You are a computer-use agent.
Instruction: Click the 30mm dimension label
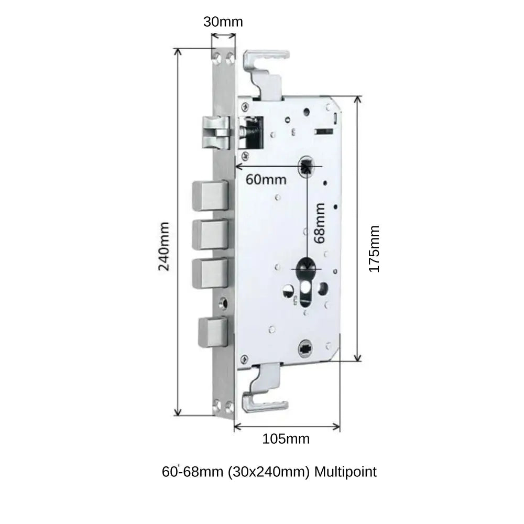pos(223,21)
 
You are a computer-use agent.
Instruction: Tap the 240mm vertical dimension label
pos(164,245)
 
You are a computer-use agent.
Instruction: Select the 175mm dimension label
pos(374,248)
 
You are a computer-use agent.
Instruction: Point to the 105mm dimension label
pos(286,439)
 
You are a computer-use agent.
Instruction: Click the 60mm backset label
pos(266,179)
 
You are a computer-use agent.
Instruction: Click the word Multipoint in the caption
pos(345,472)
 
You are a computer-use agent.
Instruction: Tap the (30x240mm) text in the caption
pos(267,472)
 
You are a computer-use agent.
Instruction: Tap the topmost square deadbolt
pos(211,195)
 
